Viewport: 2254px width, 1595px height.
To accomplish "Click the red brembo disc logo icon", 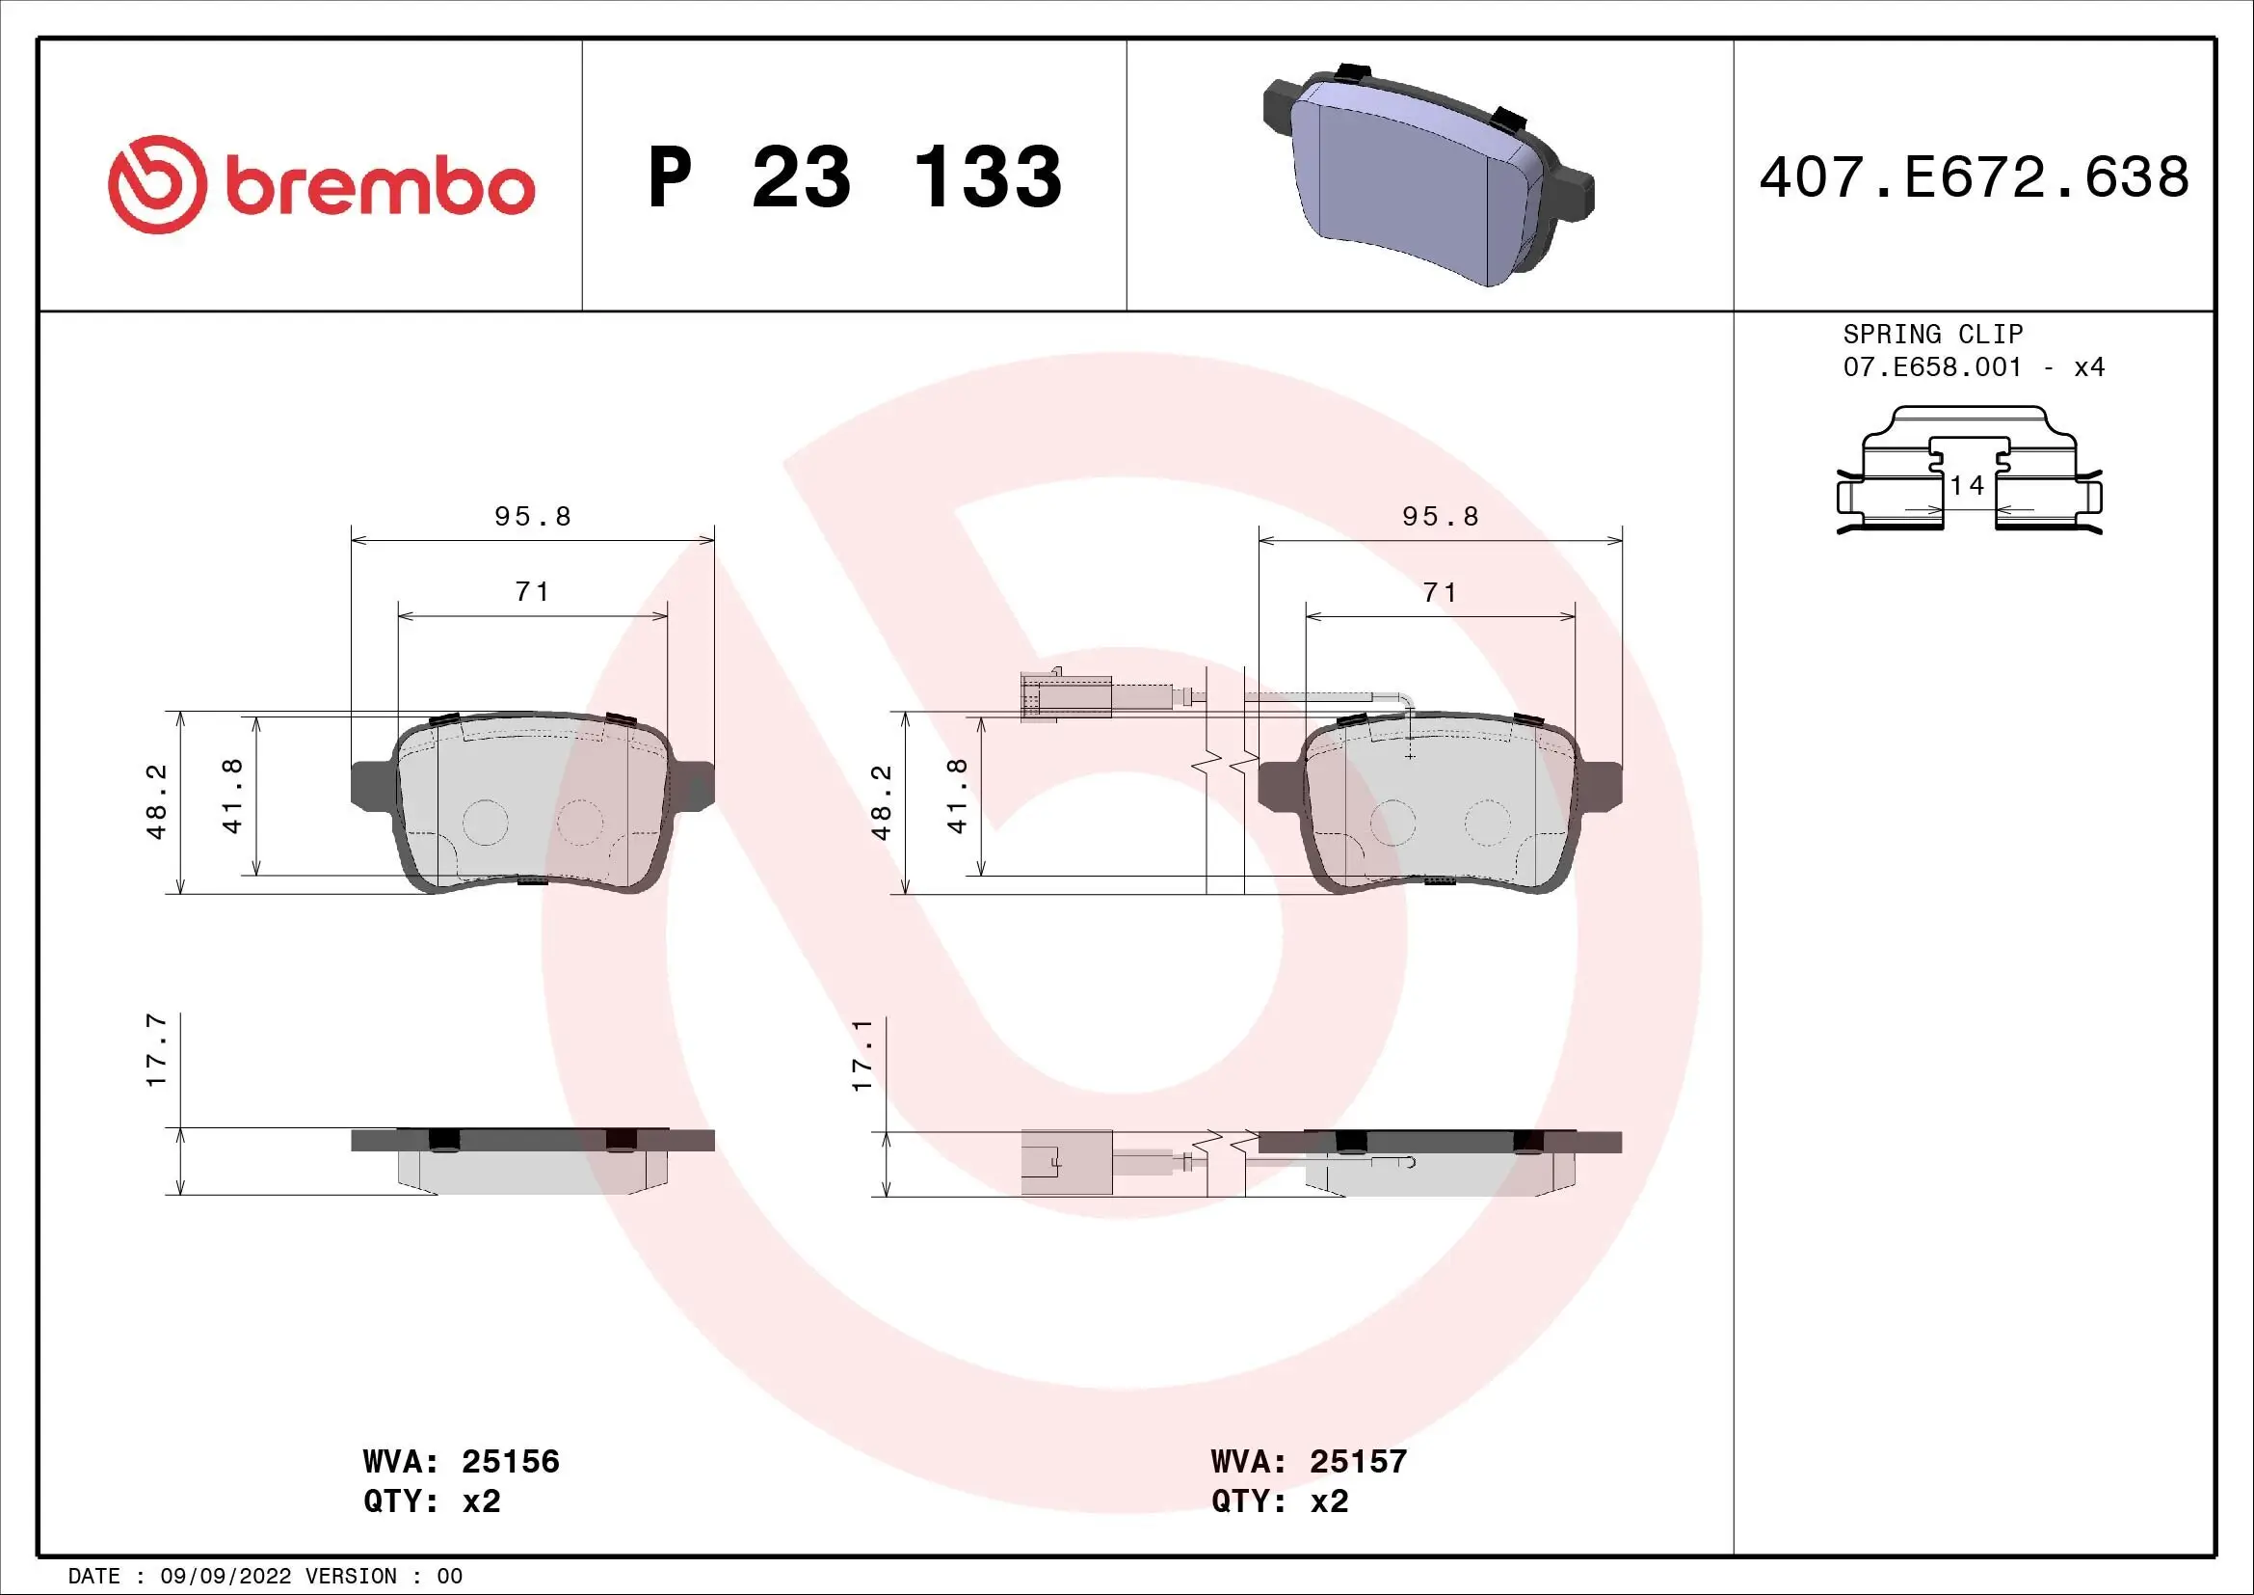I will coord(157,184).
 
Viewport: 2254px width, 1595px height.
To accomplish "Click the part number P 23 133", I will coord(854,177).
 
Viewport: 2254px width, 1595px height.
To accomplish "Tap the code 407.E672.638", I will coord(1974,177).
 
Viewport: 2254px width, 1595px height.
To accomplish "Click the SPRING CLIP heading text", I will coord(1932,334).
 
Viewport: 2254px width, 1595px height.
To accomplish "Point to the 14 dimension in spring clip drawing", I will coord(1967,485).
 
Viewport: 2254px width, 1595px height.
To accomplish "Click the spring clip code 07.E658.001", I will coord(1932,367).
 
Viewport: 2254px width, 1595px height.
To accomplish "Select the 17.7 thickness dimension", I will coord(156,1051).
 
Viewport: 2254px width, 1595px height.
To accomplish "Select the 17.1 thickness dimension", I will coord(862,1055).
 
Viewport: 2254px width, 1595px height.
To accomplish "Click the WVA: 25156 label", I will coord(461,1461).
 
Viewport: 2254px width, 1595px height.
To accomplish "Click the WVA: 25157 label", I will coord(1309,1461).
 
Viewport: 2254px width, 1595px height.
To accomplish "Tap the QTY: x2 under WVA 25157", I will coord(1279,1501).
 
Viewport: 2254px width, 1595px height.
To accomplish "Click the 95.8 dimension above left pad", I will coord(532,517).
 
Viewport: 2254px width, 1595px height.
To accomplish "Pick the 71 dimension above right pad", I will coord(1440,592).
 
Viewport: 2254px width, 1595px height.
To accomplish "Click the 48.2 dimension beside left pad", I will coord(157,801).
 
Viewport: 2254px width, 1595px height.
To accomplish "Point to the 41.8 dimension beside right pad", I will coord(957,796).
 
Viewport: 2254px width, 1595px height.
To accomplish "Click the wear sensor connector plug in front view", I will coord(1064,696).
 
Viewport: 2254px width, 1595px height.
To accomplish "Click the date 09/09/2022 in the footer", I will coord(225,1577).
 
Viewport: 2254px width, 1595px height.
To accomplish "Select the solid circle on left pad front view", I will coord(484,822).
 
